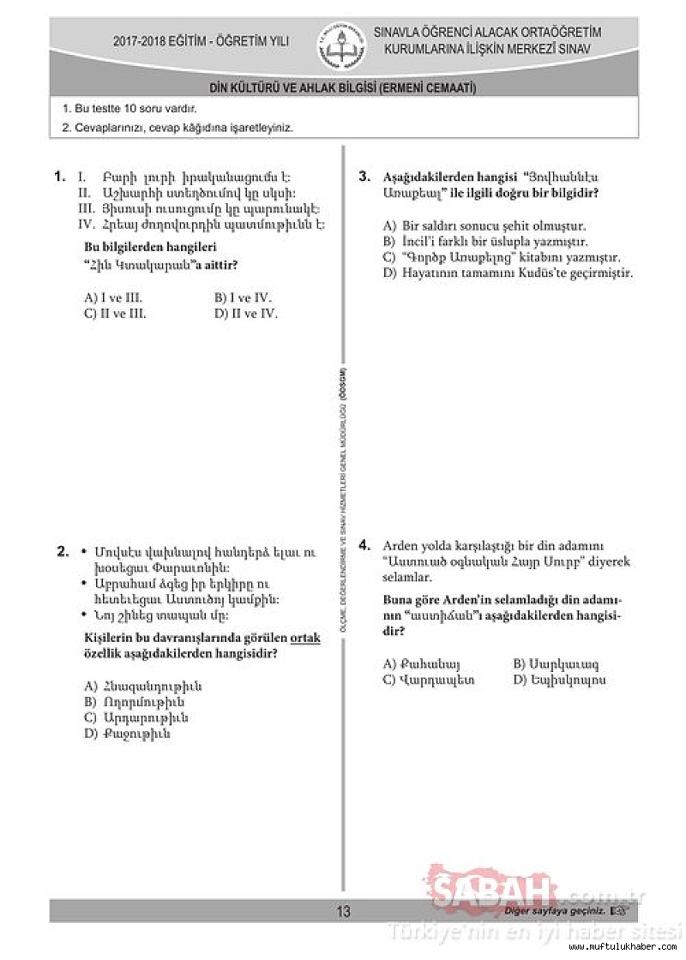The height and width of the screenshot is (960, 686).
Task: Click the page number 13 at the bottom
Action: click(343, 911)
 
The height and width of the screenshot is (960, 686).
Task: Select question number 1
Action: click(60, 177)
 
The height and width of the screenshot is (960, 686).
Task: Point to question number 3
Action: click(364, 177)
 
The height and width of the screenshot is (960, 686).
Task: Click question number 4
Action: click(364, 545)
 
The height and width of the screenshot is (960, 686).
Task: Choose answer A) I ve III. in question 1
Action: click(113, 298)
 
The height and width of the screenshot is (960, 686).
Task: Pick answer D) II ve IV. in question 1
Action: click(246, 314)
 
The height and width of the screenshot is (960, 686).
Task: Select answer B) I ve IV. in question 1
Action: click(244, 298)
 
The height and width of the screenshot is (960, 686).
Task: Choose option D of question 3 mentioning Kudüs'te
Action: click(508, 273)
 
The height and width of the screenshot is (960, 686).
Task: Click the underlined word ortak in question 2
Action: click(305, 639)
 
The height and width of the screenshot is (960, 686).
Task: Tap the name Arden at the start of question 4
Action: click(398, 546)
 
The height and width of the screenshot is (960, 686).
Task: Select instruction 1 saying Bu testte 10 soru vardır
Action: click(129, 110)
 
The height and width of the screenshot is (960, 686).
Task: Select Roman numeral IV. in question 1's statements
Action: click(85, 225)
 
